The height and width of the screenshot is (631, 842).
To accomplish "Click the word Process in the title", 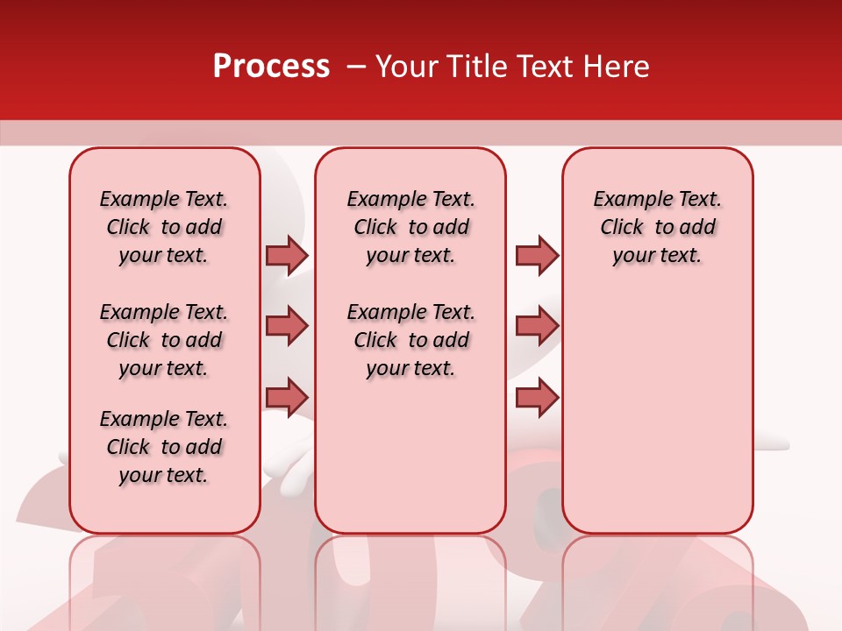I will pos(271,67).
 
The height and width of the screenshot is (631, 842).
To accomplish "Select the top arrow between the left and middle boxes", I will pos(287,255).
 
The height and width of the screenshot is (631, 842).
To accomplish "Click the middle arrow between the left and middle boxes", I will pos(287,326).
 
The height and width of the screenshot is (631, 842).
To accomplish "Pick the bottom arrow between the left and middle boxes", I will pos(287,397).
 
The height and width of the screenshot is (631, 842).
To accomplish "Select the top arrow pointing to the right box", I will pos(537,255).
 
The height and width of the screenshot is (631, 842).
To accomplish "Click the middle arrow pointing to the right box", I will pos(537,326).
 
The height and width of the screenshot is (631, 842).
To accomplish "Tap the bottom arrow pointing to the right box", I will pos(537,397).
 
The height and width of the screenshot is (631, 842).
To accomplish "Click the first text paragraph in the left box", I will pos(164,227).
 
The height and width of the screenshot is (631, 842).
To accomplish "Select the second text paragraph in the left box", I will pos(164,340).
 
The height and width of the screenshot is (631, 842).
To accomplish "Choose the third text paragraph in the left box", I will pos(164,447).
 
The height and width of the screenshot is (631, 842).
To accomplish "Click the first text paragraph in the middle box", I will pos(410,227).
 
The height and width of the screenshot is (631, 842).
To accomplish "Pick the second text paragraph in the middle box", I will pos(410,340).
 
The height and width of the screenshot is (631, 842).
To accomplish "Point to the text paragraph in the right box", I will pos(657,227).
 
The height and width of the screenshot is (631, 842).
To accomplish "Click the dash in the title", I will pos(356,67).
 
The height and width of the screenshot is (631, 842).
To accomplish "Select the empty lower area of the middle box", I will pos(410,456).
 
